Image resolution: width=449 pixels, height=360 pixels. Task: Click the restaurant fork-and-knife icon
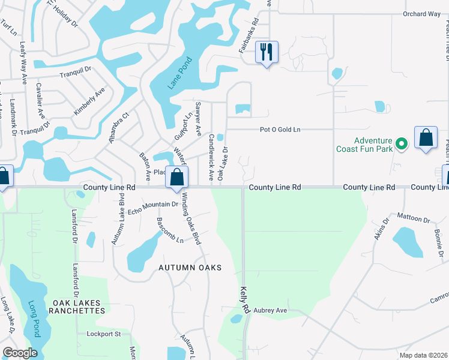click(x=267, y=52)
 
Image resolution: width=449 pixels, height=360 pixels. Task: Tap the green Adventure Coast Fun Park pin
click(x=403, y=143)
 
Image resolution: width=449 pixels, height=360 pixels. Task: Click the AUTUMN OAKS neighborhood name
click(x=190, y=268)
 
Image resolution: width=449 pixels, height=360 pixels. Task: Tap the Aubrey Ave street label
click(x=270, y=310)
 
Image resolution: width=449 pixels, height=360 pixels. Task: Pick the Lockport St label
click(x=104, y=334)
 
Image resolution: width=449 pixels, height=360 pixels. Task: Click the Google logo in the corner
click(x=20, y=352)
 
